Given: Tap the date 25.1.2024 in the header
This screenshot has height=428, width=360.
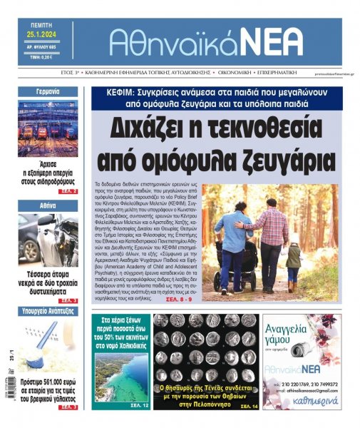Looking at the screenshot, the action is coord(38,34).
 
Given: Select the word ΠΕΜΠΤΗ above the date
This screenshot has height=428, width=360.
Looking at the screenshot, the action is coord(38,24).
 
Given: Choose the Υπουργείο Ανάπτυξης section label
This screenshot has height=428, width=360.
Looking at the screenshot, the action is coord(48,311).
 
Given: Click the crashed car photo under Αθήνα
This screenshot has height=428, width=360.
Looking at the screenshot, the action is coord(48,239).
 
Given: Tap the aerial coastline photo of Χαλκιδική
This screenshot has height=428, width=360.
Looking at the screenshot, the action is coord(120,374).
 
